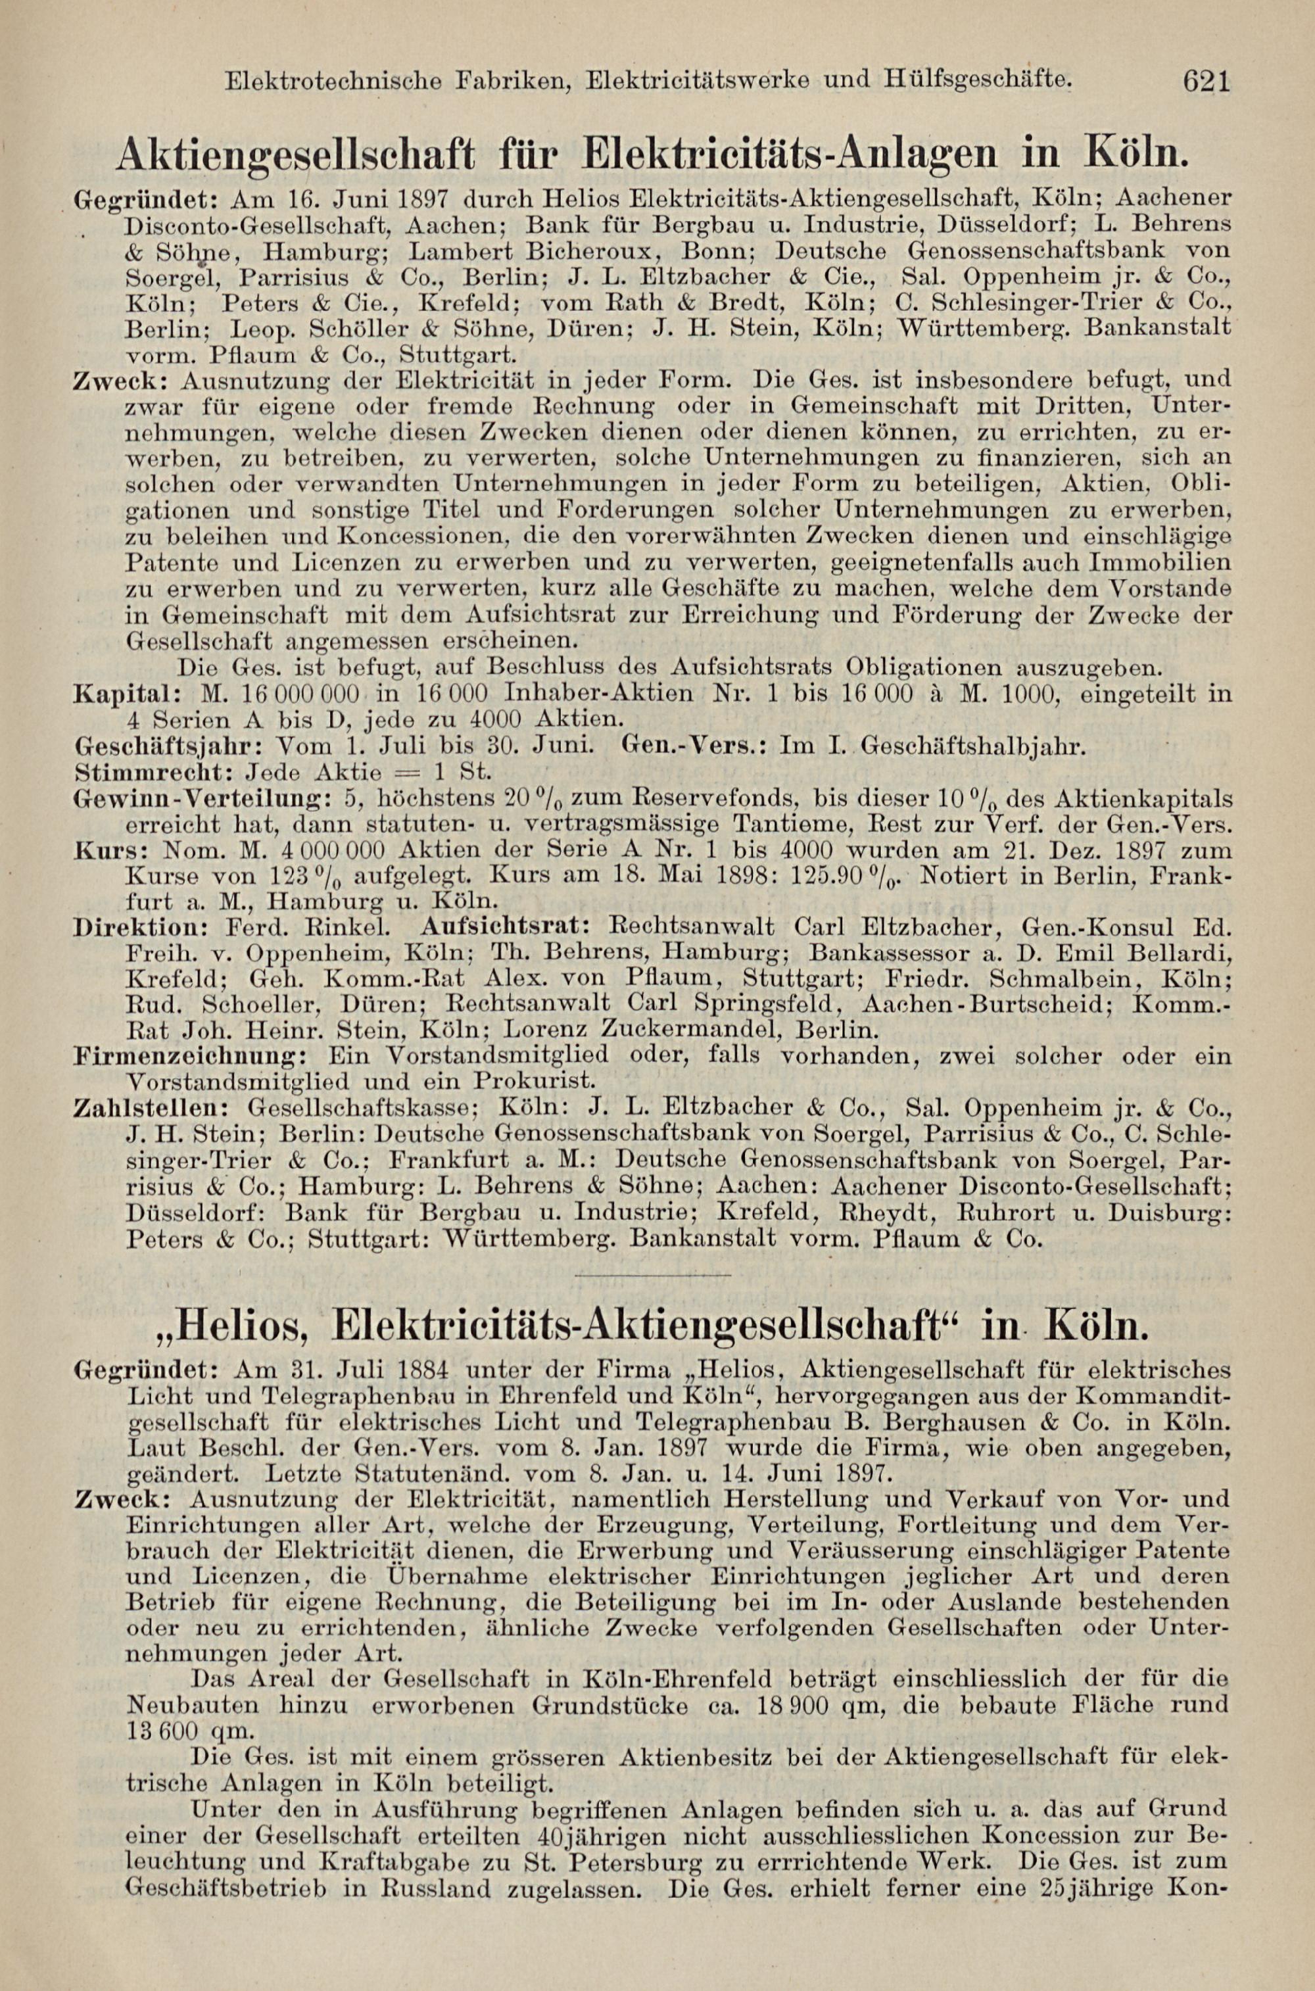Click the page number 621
pos(1206,82)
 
